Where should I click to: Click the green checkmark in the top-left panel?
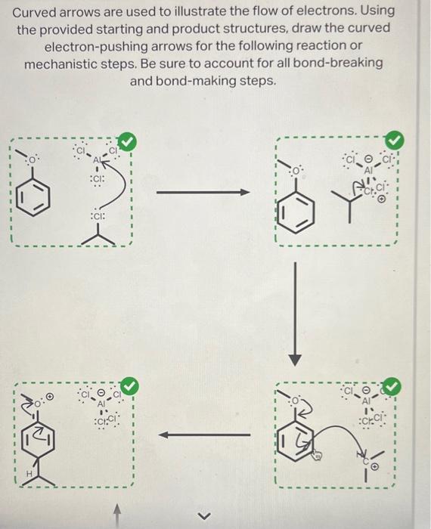(128, 141)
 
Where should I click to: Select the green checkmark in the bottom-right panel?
(392, 386)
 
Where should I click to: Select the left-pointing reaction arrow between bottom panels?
(204, 435)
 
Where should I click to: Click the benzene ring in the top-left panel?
(37, 198)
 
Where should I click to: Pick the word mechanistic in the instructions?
(64, 63)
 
